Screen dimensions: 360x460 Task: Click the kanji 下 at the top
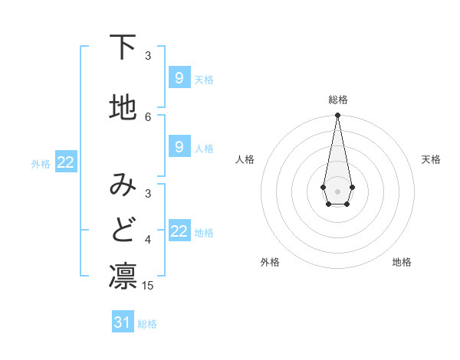(123, 48)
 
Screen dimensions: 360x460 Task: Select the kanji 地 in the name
(123, 109)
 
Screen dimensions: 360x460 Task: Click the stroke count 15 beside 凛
(148, 286)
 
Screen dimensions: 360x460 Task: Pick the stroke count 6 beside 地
(148, 116)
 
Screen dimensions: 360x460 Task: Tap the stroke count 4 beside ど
(148, 240)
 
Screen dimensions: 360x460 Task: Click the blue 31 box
(123, 322)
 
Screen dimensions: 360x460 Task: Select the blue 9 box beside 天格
(179, 78)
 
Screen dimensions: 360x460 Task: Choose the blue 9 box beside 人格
(179, 146)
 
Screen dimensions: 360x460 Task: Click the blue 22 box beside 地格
(179, 231)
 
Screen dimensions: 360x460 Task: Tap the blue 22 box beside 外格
(66, 162)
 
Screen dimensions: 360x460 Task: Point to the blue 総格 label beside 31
(147, 324)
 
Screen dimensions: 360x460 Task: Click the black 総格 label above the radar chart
(338, 100)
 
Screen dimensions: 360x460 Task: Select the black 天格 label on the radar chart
(431, 159)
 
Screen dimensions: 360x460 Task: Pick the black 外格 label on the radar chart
(270, 262)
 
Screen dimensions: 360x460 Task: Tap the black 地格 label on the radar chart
(402, 262)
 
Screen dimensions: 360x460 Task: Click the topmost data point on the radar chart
(337, 116)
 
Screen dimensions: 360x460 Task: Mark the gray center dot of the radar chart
(337, 190)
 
